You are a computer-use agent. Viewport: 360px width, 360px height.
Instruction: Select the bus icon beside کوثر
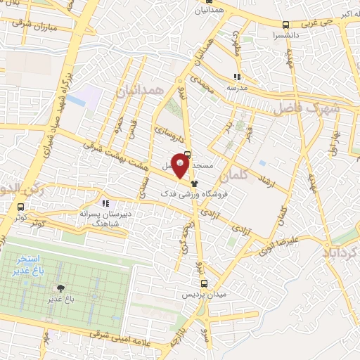[x=21, y=207]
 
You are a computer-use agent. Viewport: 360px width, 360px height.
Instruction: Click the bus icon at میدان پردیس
[x=204, y=284]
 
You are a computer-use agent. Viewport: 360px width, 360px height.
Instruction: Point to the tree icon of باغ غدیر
[x=60, y=288]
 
